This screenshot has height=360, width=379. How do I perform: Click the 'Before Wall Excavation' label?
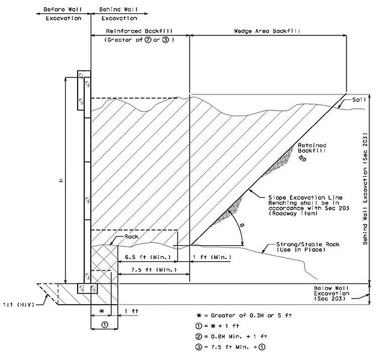tap(63, 14)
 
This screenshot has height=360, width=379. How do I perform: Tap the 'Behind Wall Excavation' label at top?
tap(119, 14)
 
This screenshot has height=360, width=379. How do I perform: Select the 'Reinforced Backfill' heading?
tap(139, 31)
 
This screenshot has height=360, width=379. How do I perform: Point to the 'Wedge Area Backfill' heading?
tap(267, 31)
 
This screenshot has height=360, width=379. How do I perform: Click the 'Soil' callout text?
tap(359, 100)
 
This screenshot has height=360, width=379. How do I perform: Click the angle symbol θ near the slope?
tap(242, 225)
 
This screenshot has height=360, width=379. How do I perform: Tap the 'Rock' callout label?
tap(131, 237)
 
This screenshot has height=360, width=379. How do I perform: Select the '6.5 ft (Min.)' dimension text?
tap(147, 257)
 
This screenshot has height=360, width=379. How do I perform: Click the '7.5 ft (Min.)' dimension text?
tap(154, 270)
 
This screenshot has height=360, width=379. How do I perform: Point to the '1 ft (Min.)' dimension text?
tap(212, 257)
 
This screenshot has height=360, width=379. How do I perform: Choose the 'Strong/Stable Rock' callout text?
tap(308, 245)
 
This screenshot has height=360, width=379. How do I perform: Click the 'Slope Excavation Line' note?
tap(305, 198)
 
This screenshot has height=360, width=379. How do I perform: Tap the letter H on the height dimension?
tap(61, 180)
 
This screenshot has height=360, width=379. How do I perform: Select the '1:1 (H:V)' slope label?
tap(19, 305)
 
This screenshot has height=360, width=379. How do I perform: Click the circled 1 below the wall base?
tap(105, 325)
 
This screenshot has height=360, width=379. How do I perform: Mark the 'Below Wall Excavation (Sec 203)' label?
tap(331, 293)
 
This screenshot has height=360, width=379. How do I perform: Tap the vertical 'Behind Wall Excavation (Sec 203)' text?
tap(365, 189)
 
